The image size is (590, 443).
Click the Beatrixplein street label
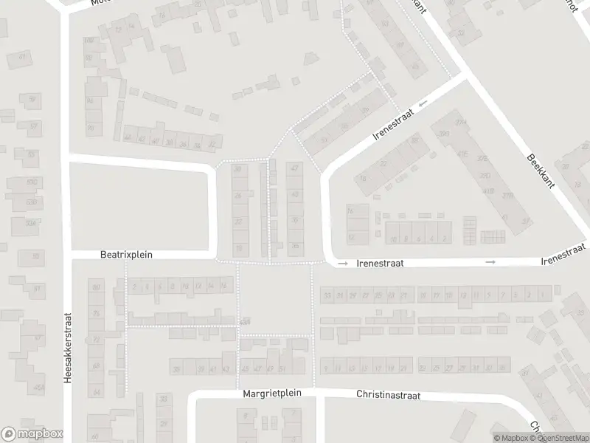tap(126, 255)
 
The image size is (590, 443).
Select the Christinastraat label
tap(388, 395)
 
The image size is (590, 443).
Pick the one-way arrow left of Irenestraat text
tap(342, 262)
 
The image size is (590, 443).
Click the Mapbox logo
tap(32, 434)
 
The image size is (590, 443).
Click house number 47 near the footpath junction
tap(295, 169)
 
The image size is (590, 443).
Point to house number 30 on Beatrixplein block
tap(237, 169)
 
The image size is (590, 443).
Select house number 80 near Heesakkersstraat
tap(95, 286)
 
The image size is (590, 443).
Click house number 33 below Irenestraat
tap(327, 295)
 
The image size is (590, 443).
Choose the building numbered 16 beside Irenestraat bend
tap(362, 178)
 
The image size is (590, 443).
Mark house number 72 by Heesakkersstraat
tap(95, 340)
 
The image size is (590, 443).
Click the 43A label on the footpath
tap(245, 320)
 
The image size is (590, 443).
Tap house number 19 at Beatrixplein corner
tap(237, 248)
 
